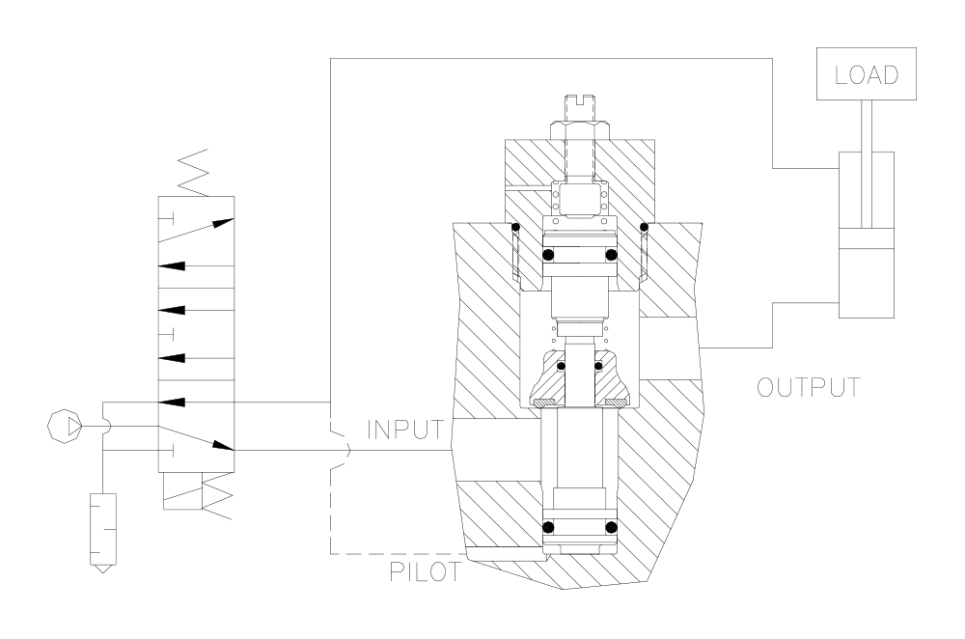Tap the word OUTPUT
808,387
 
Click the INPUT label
404,430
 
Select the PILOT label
425,571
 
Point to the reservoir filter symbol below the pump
103,533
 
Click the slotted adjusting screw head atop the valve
579,107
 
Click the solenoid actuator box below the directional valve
184,491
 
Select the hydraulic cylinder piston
867,239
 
